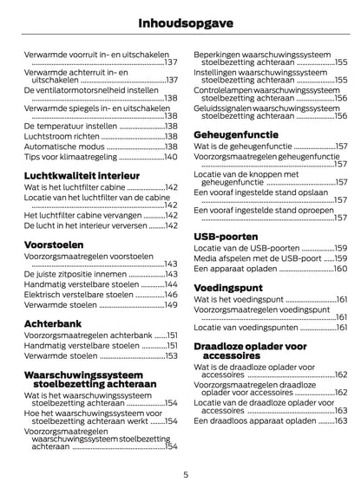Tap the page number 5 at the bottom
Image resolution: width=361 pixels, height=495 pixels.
pyautogui.click(x=185, y=474)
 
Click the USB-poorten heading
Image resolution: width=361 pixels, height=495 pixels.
pyautogui.click(x=226, y=235)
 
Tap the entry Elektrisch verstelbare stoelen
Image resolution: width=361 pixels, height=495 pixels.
pyautogui.click(x=81, y=295)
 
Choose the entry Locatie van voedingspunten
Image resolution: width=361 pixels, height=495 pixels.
pyautogui.click(x=252, y=328)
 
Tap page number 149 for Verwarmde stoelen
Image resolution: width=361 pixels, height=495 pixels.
pyautogui.click(x=171, y=305)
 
